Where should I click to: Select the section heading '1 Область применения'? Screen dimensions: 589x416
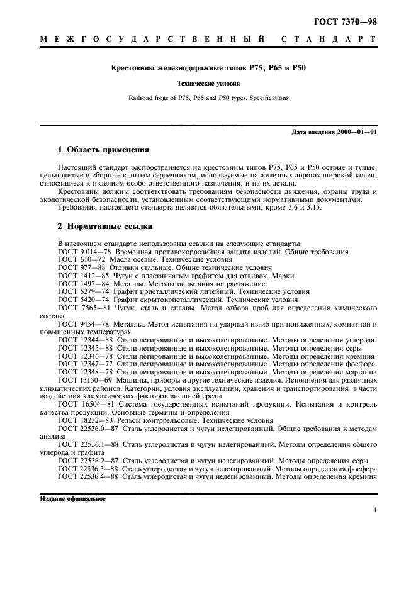point(103,150)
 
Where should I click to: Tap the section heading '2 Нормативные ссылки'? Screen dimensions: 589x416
point(104,226)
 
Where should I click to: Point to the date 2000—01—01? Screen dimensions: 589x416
point(352,132)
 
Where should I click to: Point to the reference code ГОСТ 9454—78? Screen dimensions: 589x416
point(79,324)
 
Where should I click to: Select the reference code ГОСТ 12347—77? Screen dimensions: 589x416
point(82,364)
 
